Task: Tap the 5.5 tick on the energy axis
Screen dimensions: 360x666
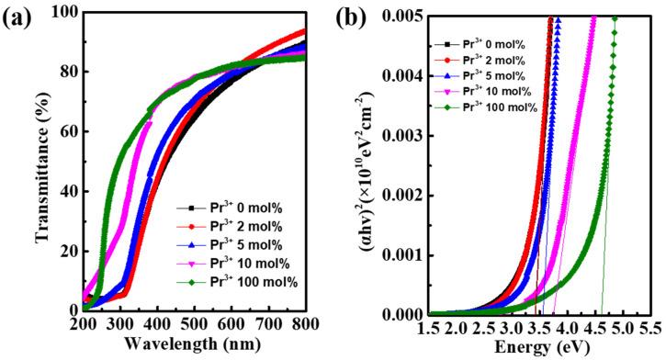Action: tap(650, 327)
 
